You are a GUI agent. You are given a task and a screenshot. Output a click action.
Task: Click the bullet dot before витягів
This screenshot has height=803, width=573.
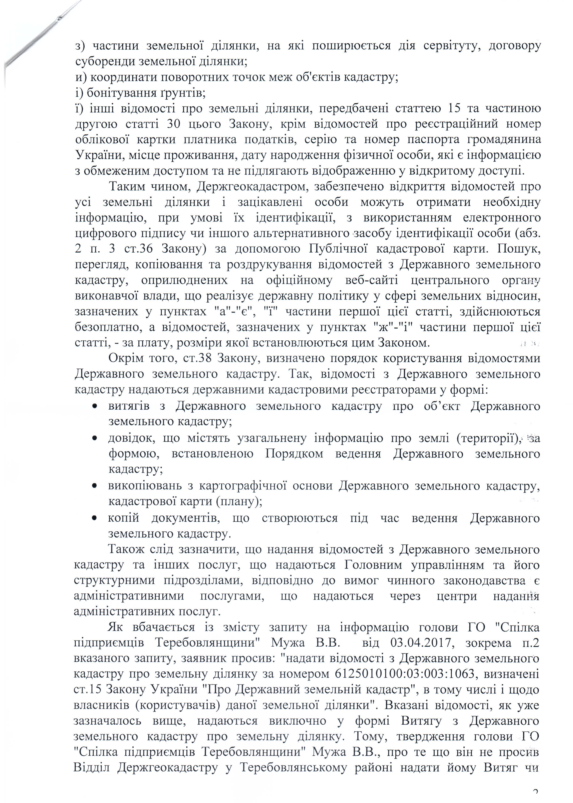pos(95,406)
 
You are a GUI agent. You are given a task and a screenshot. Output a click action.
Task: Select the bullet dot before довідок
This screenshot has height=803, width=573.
pos(95,438)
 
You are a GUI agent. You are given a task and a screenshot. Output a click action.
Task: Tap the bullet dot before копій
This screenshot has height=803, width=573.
pos(95,518)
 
